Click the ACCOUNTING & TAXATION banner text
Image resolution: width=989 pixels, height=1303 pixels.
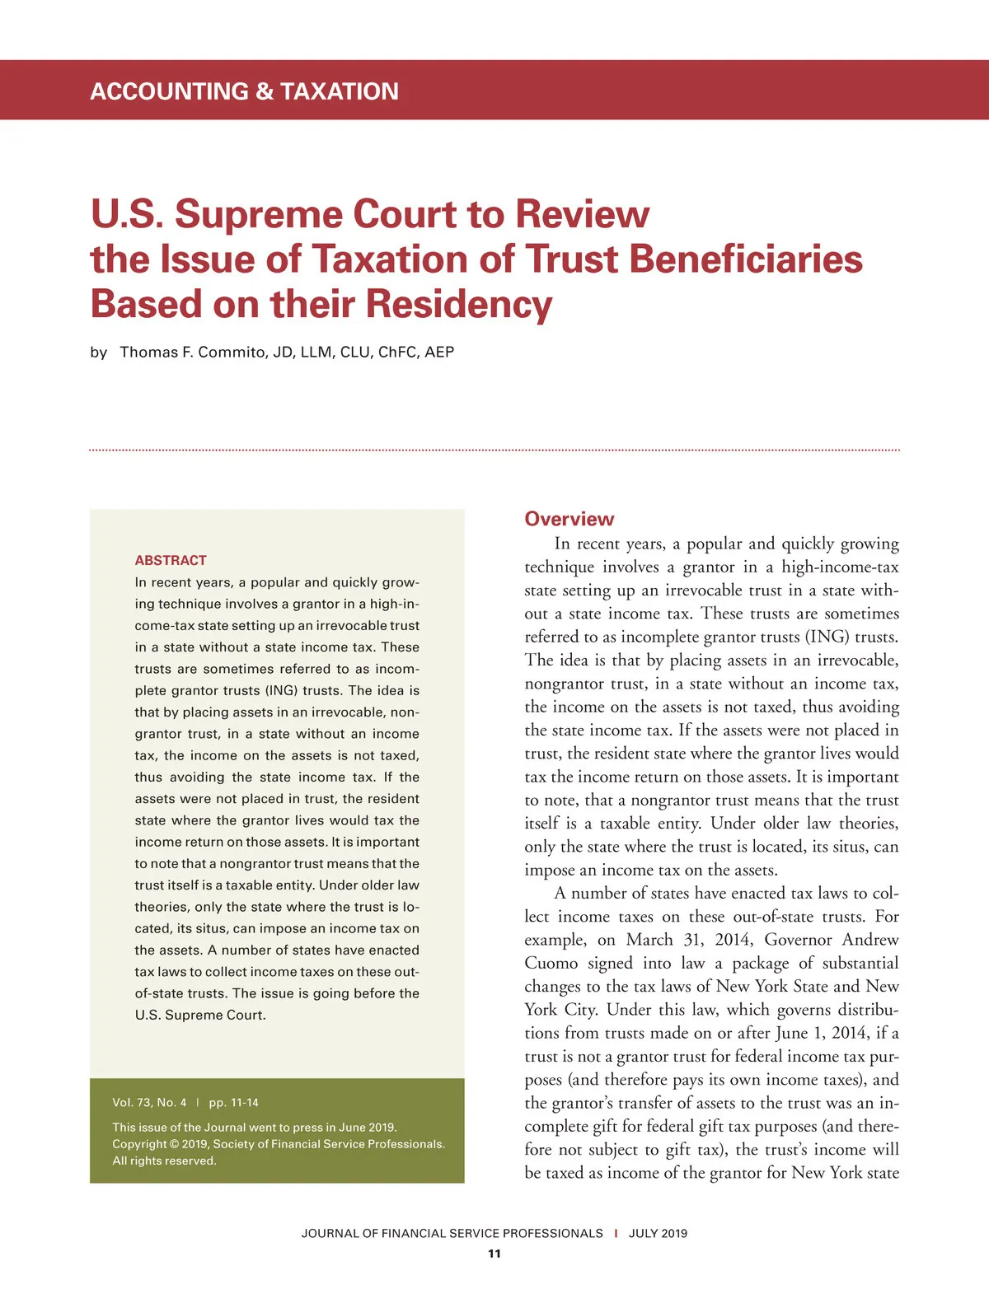click(244, 91)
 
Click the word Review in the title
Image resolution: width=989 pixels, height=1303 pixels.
click(582, 214)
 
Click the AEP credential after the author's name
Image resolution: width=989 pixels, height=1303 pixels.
click(439, 352)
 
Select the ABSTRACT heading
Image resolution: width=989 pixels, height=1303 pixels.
click(171, 560)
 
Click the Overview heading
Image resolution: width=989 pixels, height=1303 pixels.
click(569, 519)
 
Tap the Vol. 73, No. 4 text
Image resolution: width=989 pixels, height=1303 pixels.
click(149, 1102)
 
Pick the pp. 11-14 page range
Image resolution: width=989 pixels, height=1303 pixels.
click(233, 1102)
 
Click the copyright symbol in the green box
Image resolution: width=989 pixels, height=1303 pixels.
click(174, 1144)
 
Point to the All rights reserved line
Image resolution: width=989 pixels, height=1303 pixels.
click(164, 1161)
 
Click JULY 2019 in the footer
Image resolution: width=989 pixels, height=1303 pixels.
click(658, 1233)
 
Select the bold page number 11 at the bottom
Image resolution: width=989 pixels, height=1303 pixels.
click(494, 1254)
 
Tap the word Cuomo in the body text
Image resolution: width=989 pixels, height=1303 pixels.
click(551, 963)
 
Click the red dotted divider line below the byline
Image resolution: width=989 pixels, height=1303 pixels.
click(494, 451)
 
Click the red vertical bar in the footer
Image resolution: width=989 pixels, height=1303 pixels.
click(616, 1233)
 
